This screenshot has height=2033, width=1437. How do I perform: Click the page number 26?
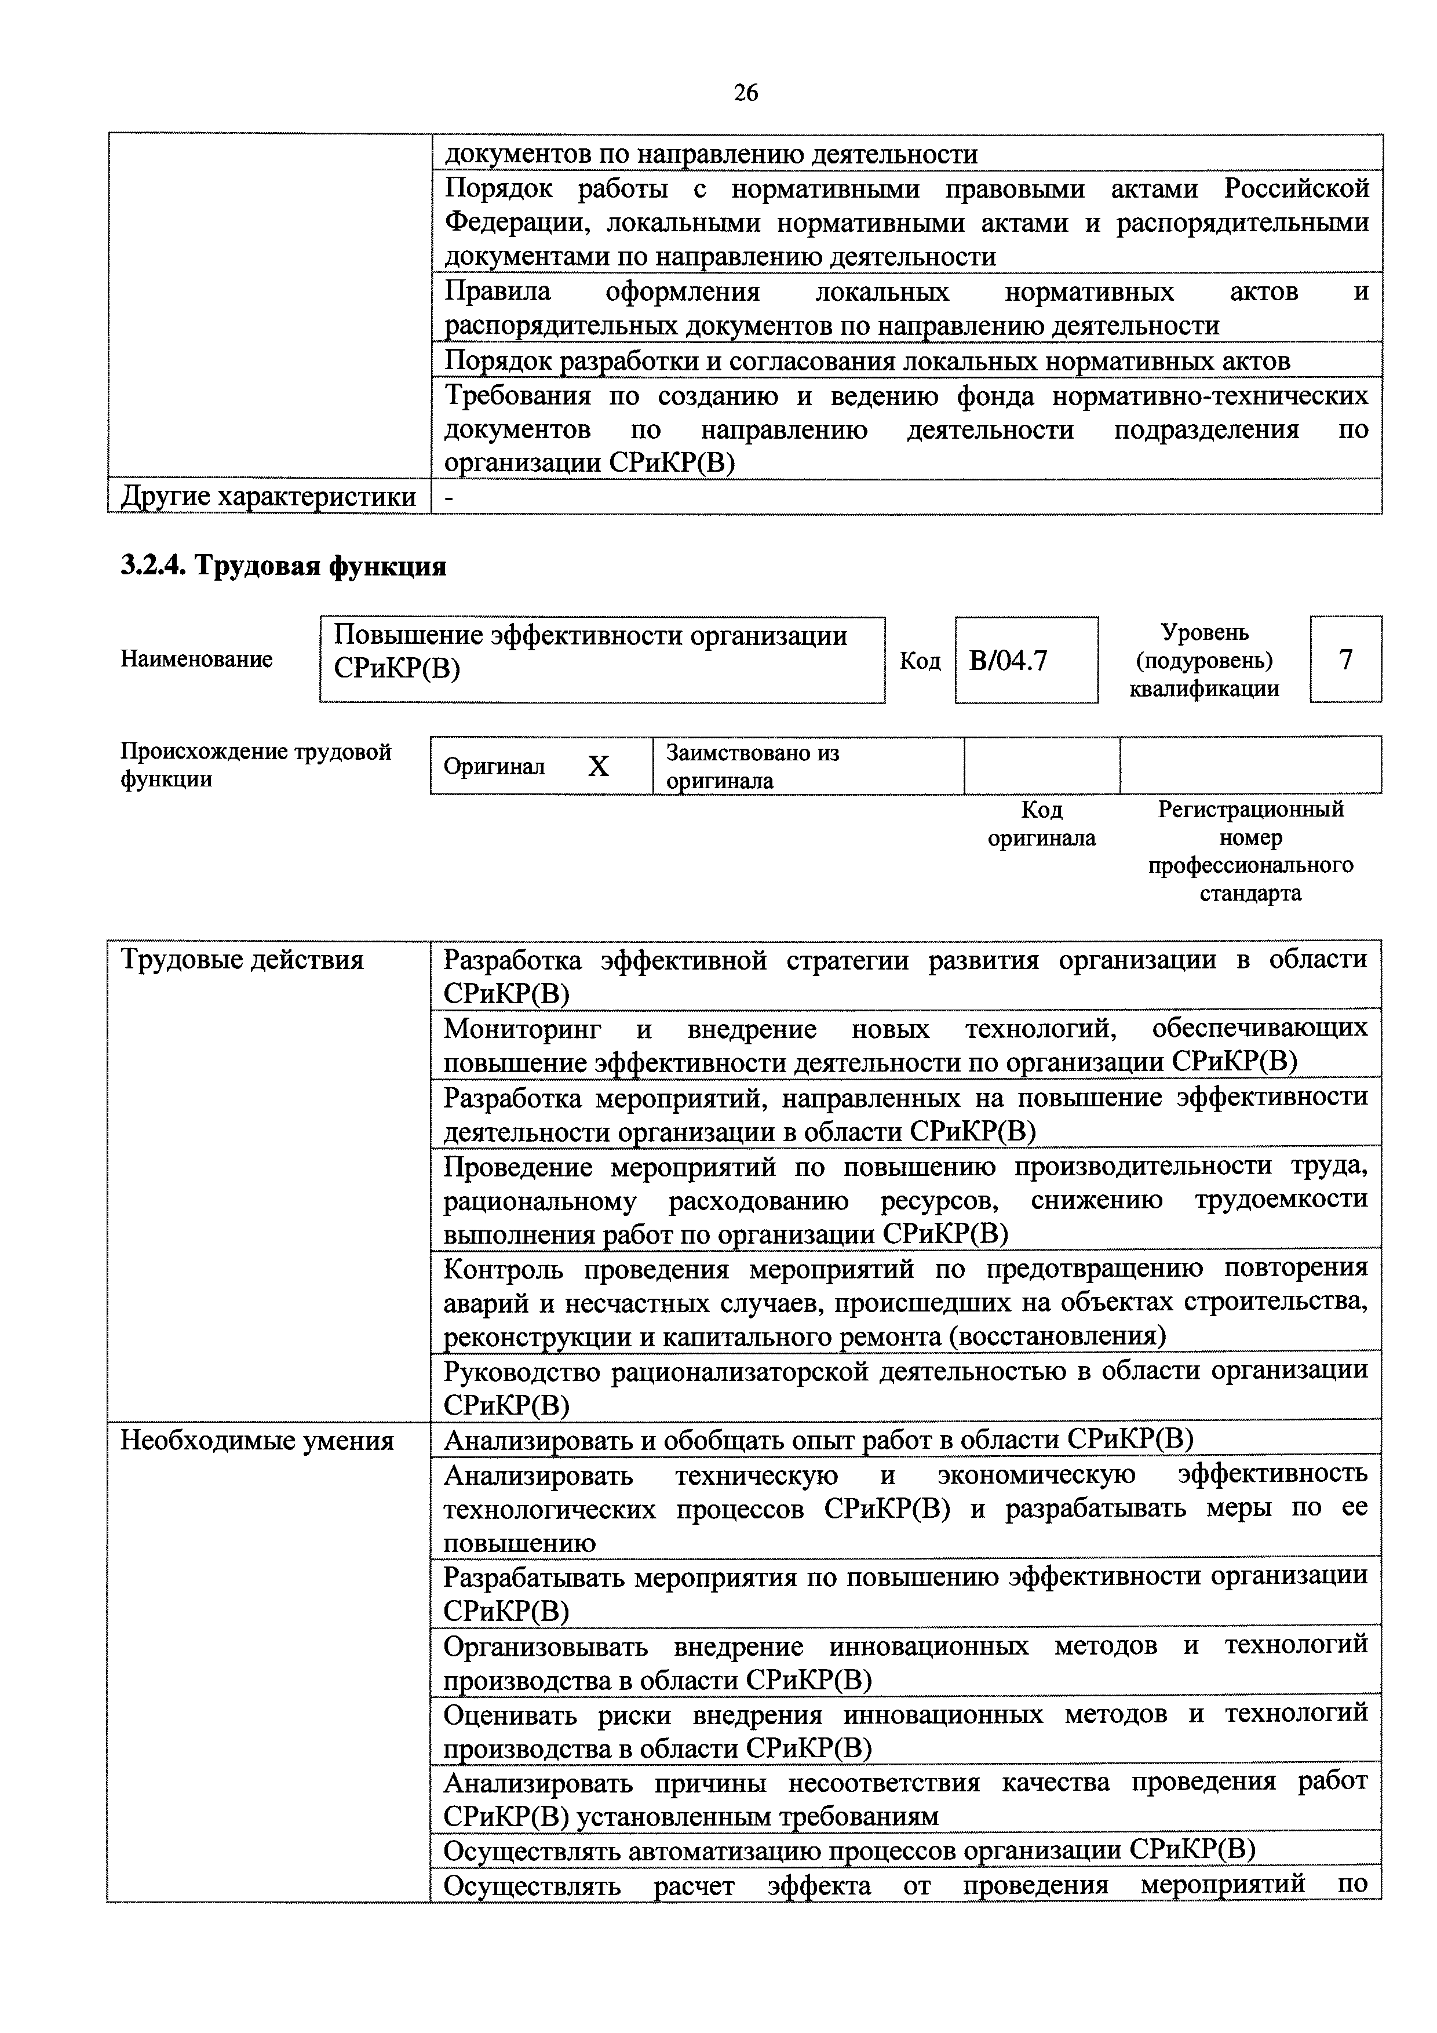746,92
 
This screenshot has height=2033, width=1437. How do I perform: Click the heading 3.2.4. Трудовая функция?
283,566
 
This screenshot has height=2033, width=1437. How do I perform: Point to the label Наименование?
196,660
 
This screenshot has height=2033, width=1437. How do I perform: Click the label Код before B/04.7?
920,661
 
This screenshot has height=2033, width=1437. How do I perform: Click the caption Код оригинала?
1041,824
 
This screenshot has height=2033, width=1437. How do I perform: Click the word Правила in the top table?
497,292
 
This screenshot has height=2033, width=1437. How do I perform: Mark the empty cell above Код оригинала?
1041,765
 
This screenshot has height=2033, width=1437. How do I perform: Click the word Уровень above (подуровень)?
1204,632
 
